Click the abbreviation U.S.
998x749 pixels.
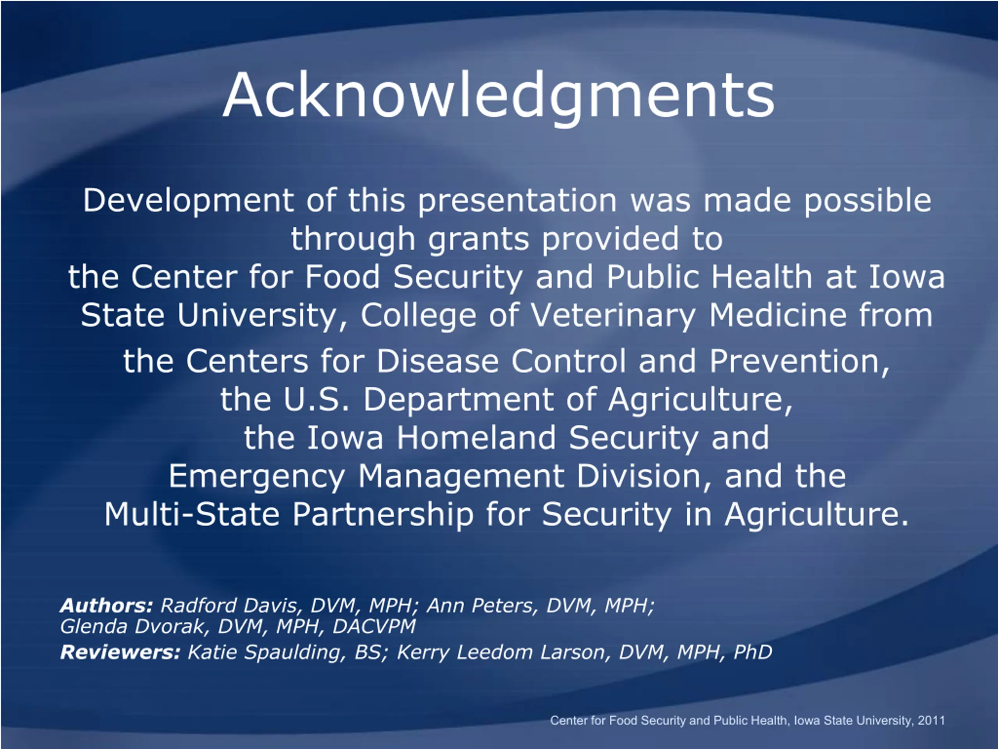click(x=316, y=399)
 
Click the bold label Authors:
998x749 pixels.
click(x=107, y=605)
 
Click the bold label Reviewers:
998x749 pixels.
click(x=120, y=652)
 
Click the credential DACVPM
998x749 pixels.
click(x=374, y=626)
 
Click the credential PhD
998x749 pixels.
click(x=753, y=652)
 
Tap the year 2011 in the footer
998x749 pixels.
click(x=931, y=720)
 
